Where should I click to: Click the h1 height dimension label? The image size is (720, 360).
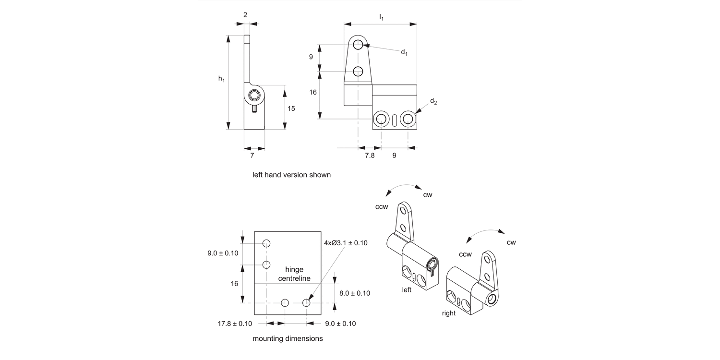pyautogui.click(x=221, y=79)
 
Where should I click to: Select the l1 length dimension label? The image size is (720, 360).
pyautogui.click(x=381, y=18)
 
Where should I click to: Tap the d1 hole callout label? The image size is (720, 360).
pyautogui.click(x=404, y=52)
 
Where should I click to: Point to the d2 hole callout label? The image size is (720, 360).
pyautogui.click(x=433, y=101)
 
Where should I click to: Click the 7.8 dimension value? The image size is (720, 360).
pyautogui.click(x=369, y=156)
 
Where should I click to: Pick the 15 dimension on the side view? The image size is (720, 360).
pyautogui.click(x=291, y=108)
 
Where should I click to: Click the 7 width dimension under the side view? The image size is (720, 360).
pyautogui.click(x=252, y=156)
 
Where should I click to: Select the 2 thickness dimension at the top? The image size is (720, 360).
pyautogui.click(x=245, y=15)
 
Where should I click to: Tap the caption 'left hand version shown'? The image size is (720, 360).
pyautogui.click(x=291, y=175)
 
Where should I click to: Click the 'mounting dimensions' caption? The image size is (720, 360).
pyautogui.click(x=288, y=338)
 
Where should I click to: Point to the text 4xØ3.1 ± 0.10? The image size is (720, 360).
pyautogui.click(x=346, y=243)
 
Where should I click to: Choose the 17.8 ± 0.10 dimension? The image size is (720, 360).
pyautogui.click(x=235, y=324)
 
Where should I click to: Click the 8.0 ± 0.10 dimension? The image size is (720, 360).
pyautogui.click(x=354, y=293)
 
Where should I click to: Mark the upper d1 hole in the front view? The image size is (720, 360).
pyautogui.click(x=358, y=45)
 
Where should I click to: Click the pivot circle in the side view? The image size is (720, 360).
pyautogui.click(x=254, y=96)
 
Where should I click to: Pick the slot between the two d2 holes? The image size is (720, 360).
pyautogui.click(x=395, y=119)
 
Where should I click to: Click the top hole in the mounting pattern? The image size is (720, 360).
pyautogui.click(x=266, y=243)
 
